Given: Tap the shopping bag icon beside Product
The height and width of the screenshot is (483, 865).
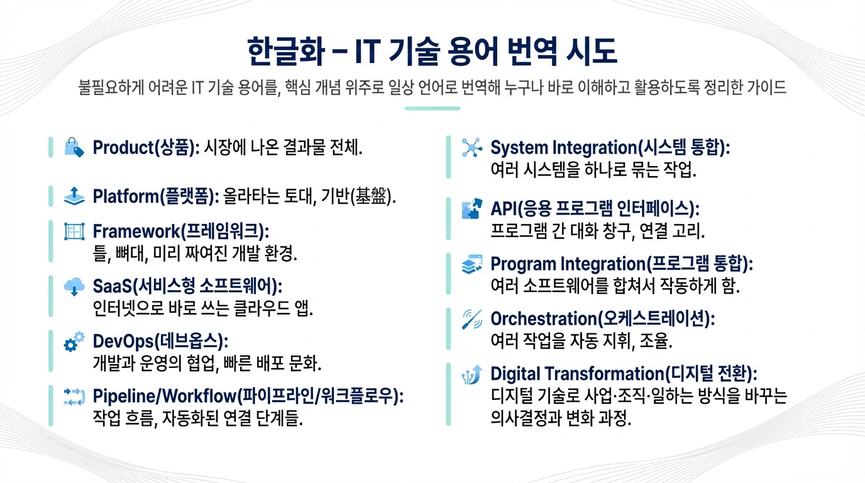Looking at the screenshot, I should (74, 148).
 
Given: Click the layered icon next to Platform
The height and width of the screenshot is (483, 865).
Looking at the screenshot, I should (74, 196).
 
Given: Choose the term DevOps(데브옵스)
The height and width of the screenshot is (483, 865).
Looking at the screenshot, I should (160, 341).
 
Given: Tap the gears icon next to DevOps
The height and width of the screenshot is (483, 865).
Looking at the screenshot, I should (74, 341).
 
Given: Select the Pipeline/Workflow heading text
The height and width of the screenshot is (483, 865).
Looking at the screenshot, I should (248, 396).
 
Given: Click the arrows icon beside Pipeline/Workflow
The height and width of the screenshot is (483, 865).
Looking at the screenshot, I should (74, 396).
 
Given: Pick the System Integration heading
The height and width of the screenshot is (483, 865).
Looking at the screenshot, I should (609, 148).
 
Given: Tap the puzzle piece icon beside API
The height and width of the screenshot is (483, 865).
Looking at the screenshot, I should (471, 209).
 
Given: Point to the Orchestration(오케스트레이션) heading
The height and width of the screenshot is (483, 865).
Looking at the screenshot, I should (602, 319).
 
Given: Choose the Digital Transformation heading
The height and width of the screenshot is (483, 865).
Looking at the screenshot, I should (624, 374).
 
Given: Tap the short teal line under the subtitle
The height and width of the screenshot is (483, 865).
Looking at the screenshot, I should (432, 109).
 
